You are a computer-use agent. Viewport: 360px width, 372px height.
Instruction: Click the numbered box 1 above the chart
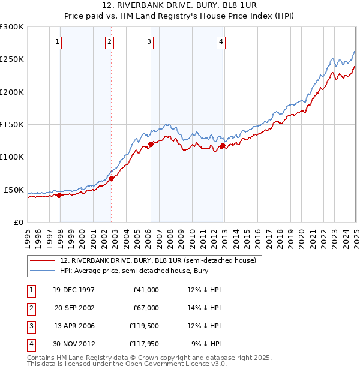[x=56, y=41]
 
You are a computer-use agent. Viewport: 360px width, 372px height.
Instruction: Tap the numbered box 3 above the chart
[x=148, y=41]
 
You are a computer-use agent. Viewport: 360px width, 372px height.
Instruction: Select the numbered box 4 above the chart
[x=221, y=41]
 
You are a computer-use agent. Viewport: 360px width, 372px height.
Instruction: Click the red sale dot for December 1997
[x=59, y=195]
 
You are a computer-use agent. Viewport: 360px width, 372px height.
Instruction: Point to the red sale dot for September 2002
[x=112, y=178]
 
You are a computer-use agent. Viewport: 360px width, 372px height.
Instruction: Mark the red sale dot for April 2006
[x=151, y=144]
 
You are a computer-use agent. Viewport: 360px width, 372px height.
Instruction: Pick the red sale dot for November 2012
[x=223, y=145]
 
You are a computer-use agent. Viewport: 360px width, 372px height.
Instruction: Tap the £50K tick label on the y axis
[x=14, y=190]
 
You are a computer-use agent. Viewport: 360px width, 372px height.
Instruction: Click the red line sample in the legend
[x=43, y=260]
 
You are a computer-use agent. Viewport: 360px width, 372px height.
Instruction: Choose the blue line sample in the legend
[x=43, y=271]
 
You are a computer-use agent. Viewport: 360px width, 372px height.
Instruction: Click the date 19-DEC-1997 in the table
[x=74, y=290]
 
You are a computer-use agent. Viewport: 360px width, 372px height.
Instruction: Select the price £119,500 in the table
[x=143, y=326]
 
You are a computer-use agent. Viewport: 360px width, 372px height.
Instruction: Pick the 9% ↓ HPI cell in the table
[x=206, y=344]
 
